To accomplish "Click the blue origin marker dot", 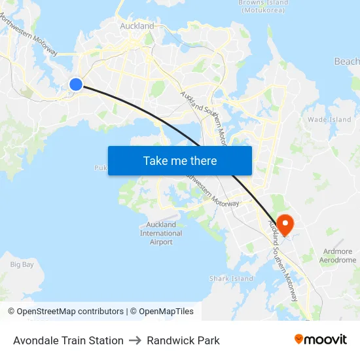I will (76, 84).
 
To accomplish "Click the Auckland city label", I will (137, 26).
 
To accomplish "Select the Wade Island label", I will (329, 120).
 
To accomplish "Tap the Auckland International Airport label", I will (161, 234).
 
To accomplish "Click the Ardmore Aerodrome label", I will (338, 255).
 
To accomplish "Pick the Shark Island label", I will (231, 278).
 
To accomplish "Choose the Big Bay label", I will (22, 264).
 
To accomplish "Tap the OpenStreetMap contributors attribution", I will (66, 312).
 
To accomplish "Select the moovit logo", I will (320, 339).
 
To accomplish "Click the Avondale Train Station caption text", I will (68, 340).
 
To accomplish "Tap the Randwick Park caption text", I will (183, 340).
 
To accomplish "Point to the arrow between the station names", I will (135, 340).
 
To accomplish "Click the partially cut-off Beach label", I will (346, 62).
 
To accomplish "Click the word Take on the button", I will (154, 161).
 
